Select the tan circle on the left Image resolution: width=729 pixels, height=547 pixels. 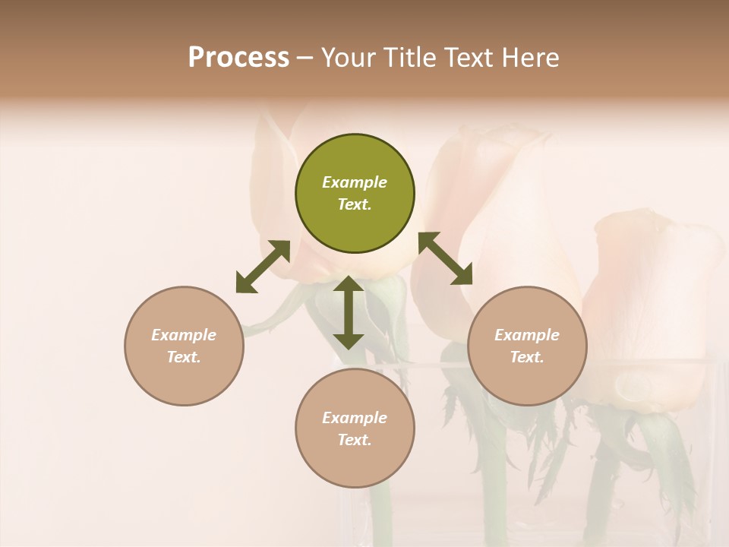pyautogui.click(x=184, y=346)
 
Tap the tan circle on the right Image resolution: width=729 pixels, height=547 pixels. pyautogui.click(x=527, y=346)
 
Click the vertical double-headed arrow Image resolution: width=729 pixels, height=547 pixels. pyautogui.click(x=349, y=312)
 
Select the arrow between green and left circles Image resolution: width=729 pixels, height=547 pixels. pyautogui.click(x=263, y=267)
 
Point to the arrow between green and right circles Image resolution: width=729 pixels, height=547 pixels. pyautogui.click(x=445, y=258)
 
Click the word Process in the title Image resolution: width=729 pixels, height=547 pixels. pyautogui.click(x=238, y=57)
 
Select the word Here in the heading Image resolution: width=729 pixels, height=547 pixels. pyautogui.click(x=532, y=57)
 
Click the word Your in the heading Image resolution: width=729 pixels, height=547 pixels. pyautogui.click(x=349, y=57)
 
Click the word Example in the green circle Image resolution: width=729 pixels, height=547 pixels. pyautogui.click(x=355, y=182)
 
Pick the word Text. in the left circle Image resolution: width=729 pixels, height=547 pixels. pyautogui.click(x=184, y=357)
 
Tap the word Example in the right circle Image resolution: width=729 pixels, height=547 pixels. pyautogui.click(x=527, y=335)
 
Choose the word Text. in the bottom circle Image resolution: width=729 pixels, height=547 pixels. pyautogui.click(x=355, y=440)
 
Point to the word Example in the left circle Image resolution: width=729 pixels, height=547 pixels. pyautogui.click(x=184, y=335)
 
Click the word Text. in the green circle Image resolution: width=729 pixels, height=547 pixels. pyautogui.click(x=355, y=204)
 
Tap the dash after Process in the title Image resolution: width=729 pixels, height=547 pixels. pyautogui.click(x=305, y=58)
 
